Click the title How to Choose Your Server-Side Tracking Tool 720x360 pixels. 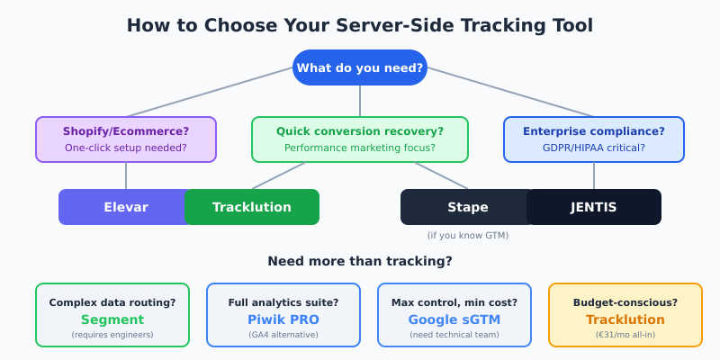[360, 25]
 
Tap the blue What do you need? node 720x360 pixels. [360, 67]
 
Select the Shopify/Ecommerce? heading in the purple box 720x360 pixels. [126, 131]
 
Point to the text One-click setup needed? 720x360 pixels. [126, 148]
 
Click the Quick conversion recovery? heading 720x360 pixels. [360, 131]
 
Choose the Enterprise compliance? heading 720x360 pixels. [594, 131]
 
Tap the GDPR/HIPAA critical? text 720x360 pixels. [594, 148]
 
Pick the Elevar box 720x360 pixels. [122, 207]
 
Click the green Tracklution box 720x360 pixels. [252, 207]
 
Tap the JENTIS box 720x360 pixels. [594, 207]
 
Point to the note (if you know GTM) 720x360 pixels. [468, 236]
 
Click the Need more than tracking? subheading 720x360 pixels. [360, 261]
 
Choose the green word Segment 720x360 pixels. [112, 319]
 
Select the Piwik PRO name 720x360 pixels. [283, 319]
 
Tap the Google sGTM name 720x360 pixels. [454, 319]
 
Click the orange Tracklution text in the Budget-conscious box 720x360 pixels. [625, 319]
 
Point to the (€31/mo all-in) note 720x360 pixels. [625, 335]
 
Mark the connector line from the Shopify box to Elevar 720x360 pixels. [126, 175]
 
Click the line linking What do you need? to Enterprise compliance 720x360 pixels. [509, 92]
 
